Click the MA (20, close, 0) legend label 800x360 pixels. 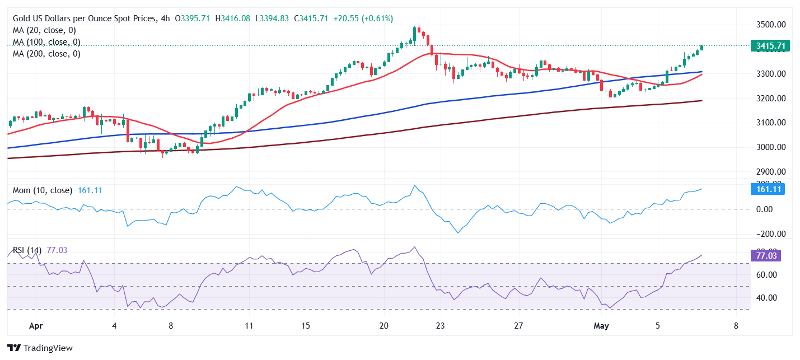tap(44, 30)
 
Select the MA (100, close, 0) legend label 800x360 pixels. tap(46, 42)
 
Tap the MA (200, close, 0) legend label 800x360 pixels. tap(46, 54)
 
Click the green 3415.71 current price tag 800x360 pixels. tap(769, 46)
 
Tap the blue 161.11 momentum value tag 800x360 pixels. tap(767, 189)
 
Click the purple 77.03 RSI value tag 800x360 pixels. tap(765, 255)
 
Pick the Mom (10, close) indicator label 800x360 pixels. tap(43, 190)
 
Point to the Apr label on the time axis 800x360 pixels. tap(36, 325)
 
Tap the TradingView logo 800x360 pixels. tap(40, 348)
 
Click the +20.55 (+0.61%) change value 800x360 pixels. tap(363, 18)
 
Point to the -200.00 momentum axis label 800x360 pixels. tap(770, 234)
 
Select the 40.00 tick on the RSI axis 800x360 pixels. tap(767, 297)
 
